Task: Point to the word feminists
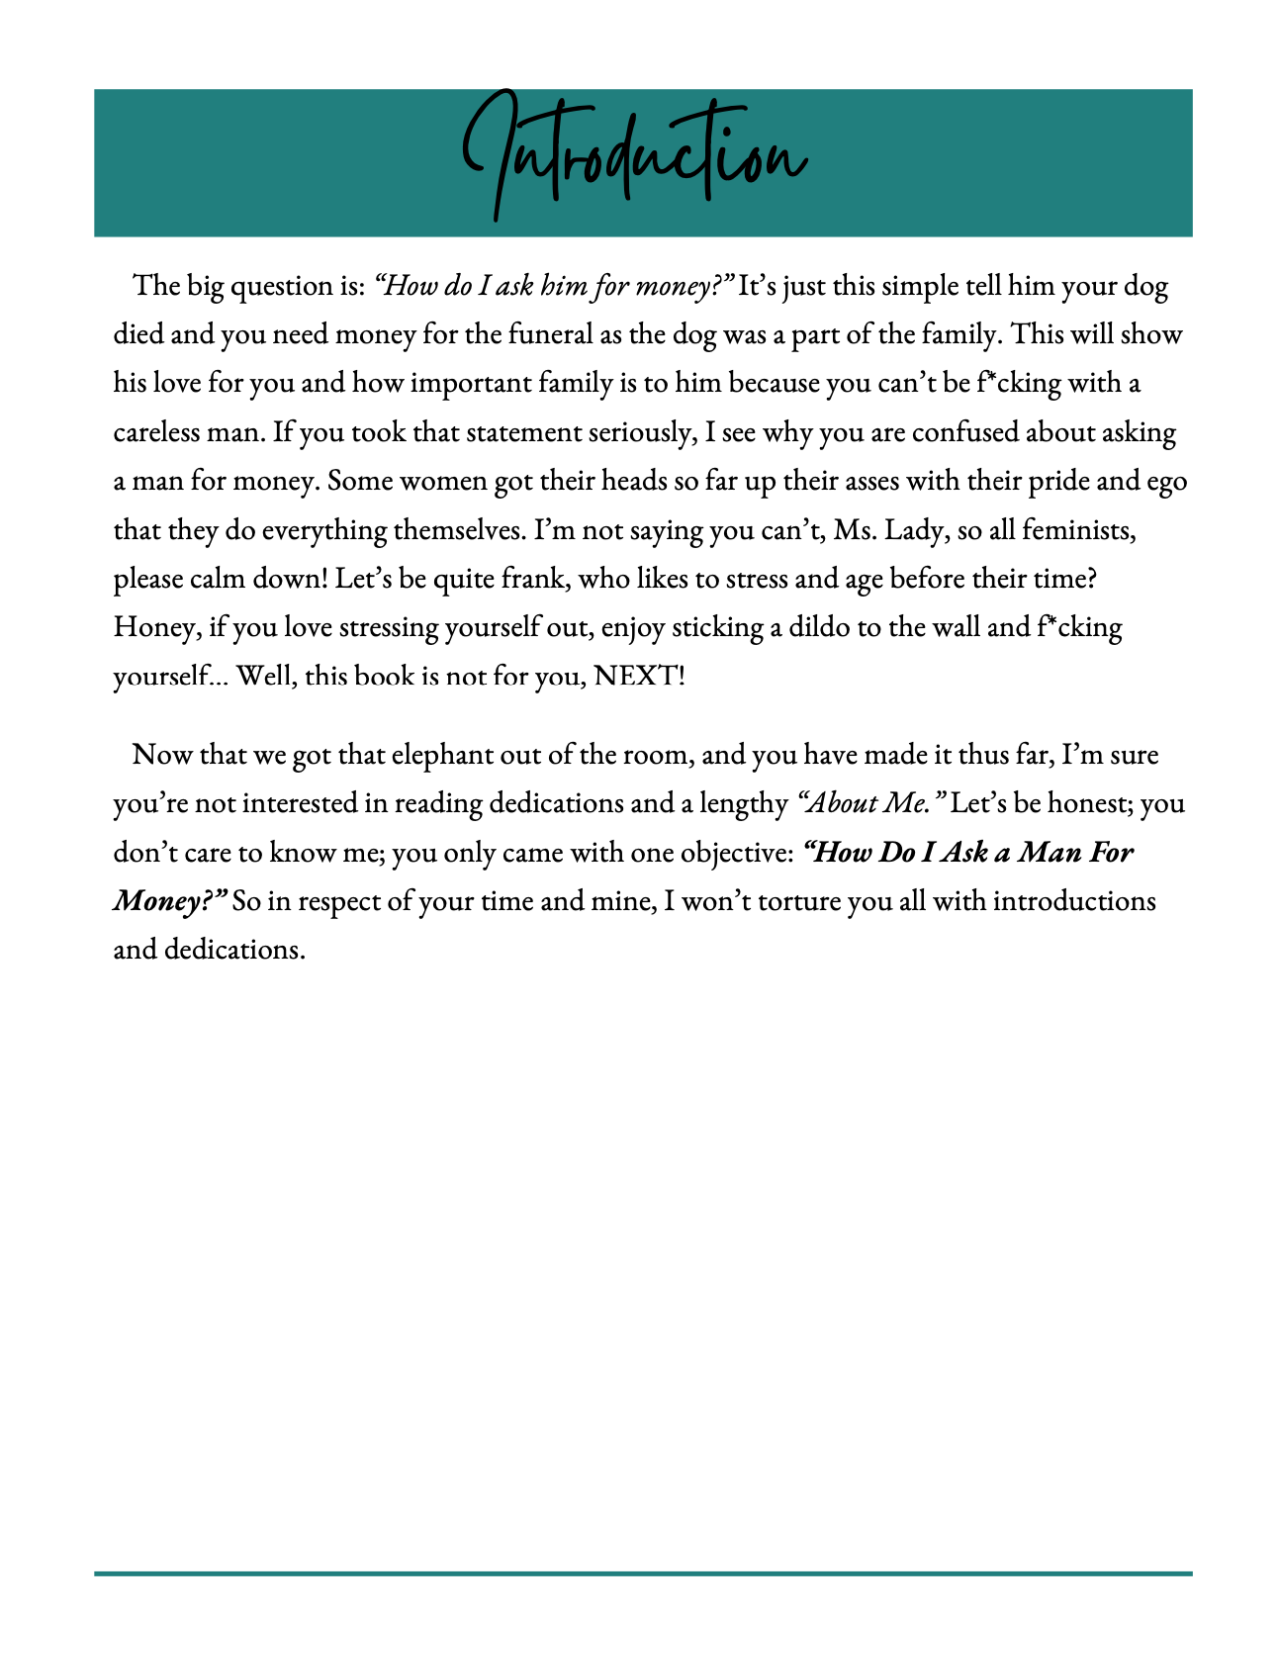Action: point(1077,530)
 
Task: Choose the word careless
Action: point(159,432)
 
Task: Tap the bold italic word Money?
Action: point(170,901)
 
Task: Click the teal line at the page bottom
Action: point(643,1573)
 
